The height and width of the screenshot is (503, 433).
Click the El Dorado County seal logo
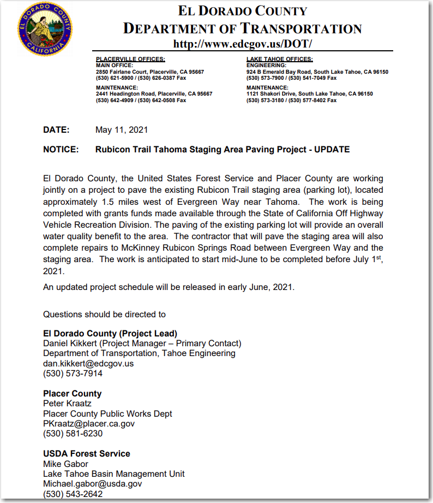[45, 28]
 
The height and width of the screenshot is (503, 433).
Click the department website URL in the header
[242, 44]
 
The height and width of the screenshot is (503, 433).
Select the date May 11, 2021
[122, 130]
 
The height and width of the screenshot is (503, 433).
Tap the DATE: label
[56, 130]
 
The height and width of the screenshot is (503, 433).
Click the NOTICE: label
[61, 149]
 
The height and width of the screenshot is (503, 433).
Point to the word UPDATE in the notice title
[332, 149]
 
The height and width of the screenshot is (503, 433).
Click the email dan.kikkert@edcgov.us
[88, 363]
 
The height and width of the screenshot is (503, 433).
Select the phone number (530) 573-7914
[73, 374]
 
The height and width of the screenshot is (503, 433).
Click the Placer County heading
[73, 393]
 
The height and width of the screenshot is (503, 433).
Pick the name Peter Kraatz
[67, 404]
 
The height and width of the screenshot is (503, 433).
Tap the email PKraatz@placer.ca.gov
[89, 423]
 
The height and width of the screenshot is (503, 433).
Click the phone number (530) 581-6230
[73, 434]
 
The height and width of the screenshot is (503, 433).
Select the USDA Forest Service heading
[87, 453]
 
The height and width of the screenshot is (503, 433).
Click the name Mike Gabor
[65, 464]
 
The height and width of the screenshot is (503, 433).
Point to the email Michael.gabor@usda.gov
[93, 484]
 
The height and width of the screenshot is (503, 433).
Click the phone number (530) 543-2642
[73, 494]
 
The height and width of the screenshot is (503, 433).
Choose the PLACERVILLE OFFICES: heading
[130, 59]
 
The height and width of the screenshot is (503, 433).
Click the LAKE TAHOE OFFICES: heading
[280, 59]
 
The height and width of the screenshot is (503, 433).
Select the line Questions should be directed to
[104, 315]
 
